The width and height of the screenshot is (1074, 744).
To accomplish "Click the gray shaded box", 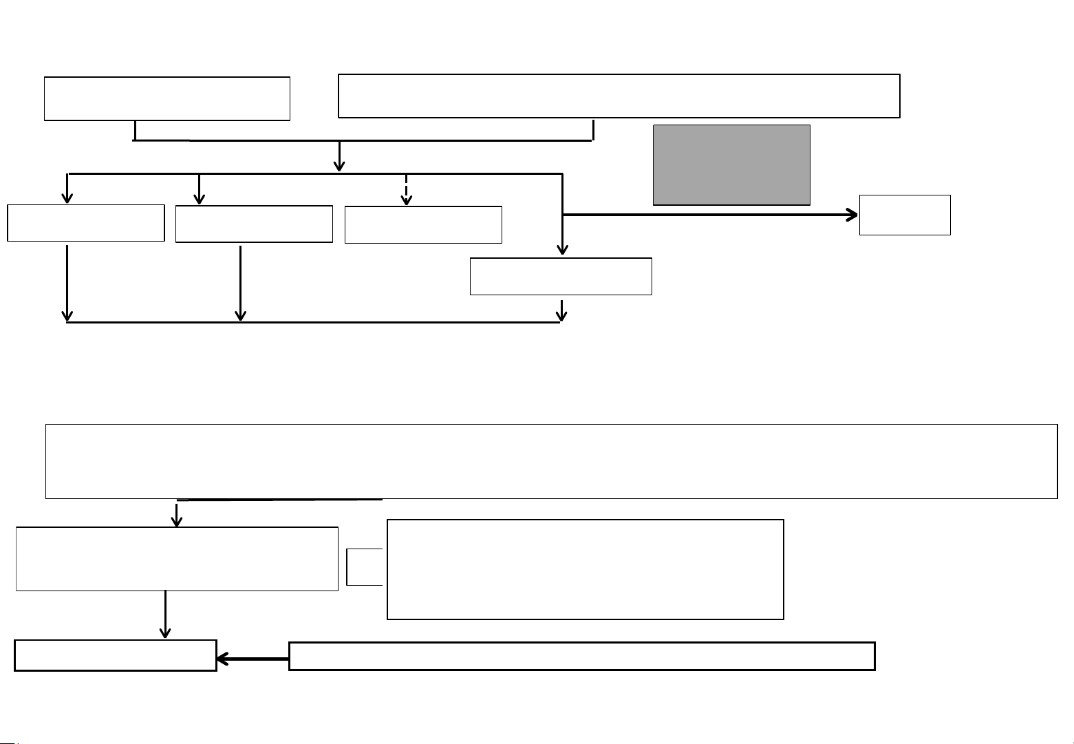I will [731, 164].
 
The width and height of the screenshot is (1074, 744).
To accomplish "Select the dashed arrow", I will [407, 189].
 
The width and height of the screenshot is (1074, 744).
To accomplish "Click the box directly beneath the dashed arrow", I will [423, 224].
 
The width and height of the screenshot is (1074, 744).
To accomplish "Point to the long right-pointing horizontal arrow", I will [709, 215].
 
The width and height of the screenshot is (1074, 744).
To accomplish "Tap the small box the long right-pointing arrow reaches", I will [905, 215].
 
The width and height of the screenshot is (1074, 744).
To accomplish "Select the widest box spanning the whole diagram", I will [550, 461].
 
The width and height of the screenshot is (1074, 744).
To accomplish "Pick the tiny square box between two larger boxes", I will [363, 567].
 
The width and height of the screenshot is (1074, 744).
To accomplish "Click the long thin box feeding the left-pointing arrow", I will [581, 656].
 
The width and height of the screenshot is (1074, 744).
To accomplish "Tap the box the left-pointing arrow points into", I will [115, 655].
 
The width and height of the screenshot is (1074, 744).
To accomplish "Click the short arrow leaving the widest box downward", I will [177, 513].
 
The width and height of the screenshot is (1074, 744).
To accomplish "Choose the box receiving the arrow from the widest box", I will [177, 559].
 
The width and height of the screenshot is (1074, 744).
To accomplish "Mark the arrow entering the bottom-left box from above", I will [166, 615].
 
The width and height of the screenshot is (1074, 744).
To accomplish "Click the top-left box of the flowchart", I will [167, 99].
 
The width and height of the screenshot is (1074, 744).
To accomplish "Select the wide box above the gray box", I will [619, 96].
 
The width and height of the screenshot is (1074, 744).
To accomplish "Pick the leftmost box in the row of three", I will [85, 223].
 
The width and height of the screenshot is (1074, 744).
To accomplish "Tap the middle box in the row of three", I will [254, 224].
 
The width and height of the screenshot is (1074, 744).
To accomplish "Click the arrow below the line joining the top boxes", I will [339, 156].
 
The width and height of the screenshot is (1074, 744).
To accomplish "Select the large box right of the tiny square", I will [585, 569].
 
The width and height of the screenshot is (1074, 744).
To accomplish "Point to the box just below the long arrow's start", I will [561, 277].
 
